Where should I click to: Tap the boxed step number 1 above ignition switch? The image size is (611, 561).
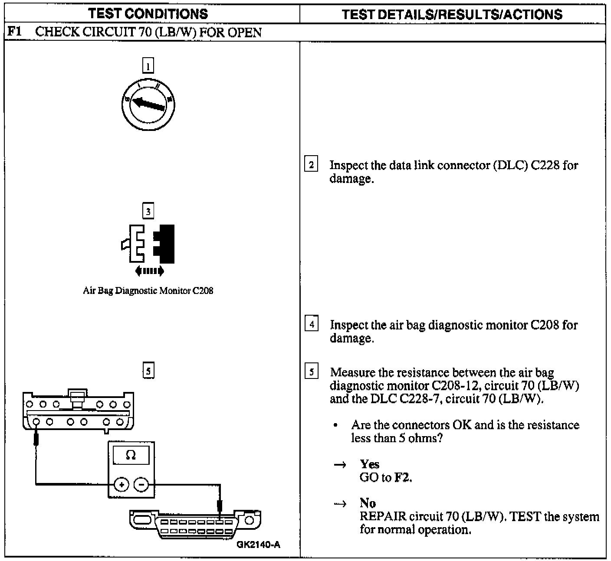tap(148, 66)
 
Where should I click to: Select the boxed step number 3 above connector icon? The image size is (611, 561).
tap(148, 211)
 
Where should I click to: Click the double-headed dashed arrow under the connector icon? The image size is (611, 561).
tap(149, 271)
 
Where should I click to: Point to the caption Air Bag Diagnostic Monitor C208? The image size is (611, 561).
tap(148, 290)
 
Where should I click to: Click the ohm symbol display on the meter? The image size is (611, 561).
tap(131, 455)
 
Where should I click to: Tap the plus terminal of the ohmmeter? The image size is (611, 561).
tap(122, 484)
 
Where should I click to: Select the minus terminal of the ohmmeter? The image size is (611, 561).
tap(141, 484)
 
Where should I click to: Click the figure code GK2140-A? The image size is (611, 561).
tap(258, 545)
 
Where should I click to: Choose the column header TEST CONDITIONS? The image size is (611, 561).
tap(148, 14)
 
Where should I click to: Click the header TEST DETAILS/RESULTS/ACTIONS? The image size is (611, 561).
tap(452, 14)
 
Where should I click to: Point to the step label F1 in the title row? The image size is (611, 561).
tap(15, 32)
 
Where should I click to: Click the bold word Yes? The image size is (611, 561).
tap(369, 464)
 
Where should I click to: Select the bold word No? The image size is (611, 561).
tap(368, 503)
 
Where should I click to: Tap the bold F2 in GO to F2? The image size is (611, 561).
tap(402, 478)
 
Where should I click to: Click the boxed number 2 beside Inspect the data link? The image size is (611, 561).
tap(311, 165)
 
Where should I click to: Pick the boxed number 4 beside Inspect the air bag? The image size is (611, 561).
tap(311, 324)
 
